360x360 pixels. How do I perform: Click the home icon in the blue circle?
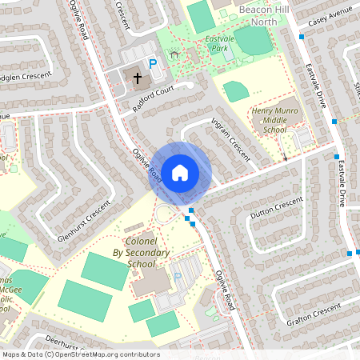[x=179, y=172]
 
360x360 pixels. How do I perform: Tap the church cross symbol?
[x=137, y=78]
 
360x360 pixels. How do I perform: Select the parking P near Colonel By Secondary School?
[x=178, y=276]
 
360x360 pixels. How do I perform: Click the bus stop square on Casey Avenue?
[x=302, y=36]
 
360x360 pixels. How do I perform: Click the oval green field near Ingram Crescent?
[x=235, y=91]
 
